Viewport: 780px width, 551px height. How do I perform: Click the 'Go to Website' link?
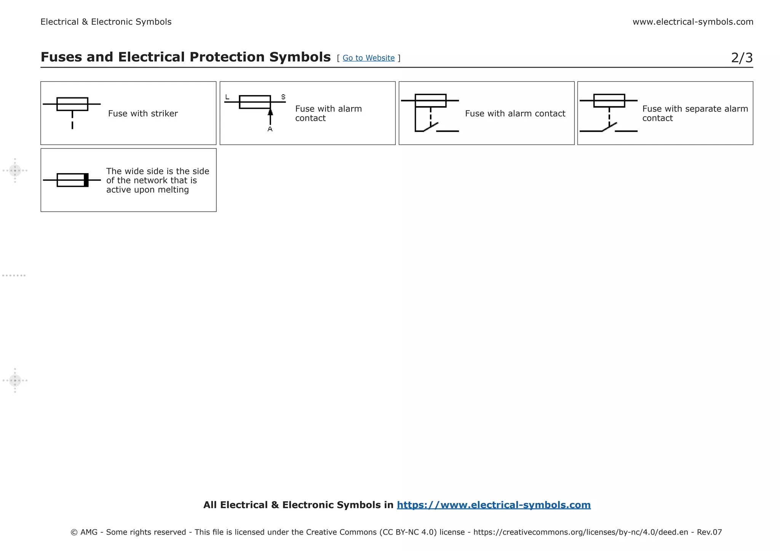[x=368, y=58]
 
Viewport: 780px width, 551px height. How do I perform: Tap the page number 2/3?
[x=742, y=58]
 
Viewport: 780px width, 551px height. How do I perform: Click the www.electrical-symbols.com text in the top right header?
[x=693, y=22]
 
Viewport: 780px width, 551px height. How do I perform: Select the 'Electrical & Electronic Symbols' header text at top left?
[x=106, y=22]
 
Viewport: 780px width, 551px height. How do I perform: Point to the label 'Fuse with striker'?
[x=143, y=113]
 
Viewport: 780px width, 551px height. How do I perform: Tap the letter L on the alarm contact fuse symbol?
[x=227, y=97]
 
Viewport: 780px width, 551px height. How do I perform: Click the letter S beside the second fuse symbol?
[x=283, y=97]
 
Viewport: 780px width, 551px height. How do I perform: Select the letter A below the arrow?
[x=270, y=129]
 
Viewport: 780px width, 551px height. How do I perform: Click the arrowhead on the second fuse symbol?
[x=270, y=112]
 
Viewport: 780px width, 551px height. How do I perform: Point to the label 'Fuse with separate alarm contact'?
[x=695, y=113]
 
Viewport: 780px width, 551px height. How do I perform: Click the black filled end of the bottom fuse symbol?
[x=86, y=180]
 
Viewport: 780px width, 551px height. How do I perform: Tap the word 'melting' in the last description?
[x=173, y=190]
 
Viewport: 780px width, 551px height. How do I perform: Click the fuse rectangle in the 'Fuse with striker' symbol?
[x=72, y=104]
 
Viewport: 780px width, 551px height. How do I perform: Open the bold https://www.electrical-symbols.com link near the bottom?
[x=494, y=505]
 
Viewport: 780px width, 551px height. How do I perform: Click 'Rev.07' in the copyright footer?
[x=709, y=532]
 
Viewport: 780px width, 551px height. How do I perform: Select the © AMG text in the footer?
[x=84, y=532]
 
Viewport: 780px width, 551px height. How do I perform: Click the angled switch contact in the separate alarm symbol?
[x=609, y=127]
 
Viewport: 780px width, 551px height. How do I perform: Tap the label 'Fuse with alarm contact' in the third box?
[x=515, y=113]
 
